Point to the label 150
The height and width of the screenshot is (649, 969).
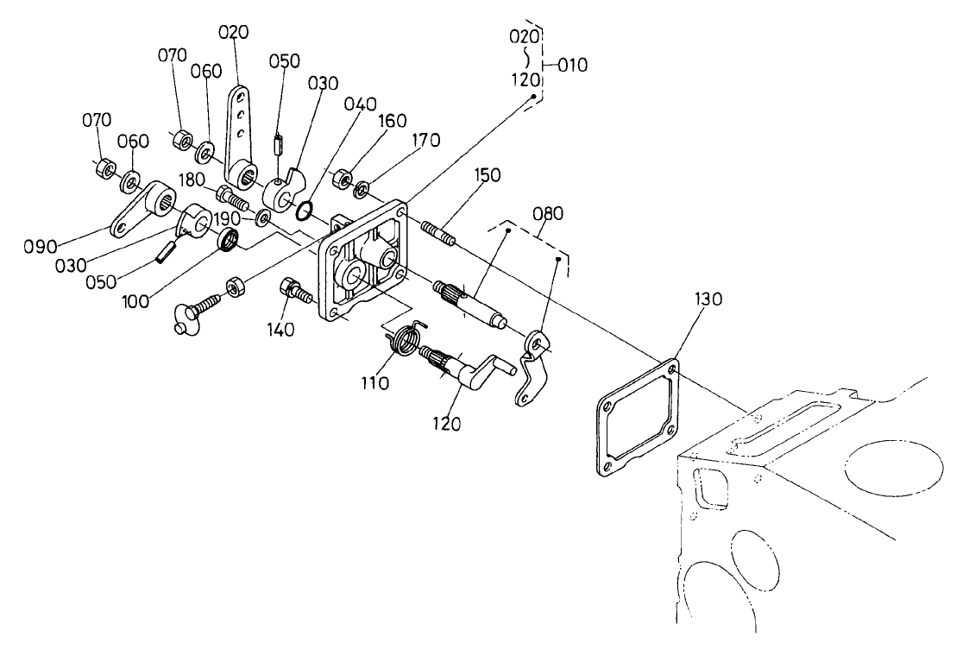click(487, 175)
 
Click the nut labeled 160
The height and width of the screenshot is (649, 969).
click(342, 179)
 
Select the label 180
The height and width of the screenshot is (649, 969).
click(191, 179)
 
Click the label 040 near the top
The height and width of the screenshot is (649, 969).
click(360, 104)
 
